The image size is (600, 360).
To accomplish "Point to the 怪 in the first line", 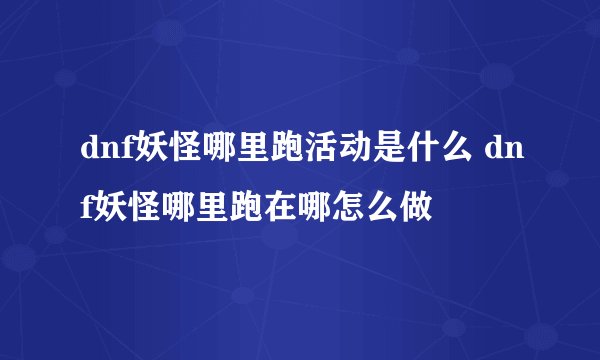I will click(177, 152).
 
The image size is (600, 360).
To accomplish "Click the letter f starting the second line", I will click(81, 209).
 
